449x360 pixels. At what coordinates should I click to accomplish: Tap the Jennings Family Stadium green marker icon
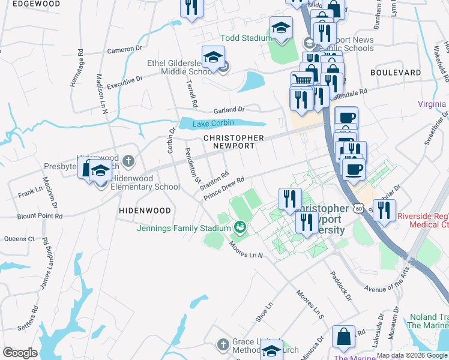[240, 227]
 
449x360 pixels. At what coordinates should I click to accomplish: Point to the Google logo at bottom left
[20, 353]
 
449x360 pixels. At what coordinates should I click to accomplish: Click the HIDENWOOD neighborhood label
[145, 211]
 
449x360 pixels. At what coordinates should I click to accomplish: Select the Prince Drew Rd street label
[224, 188]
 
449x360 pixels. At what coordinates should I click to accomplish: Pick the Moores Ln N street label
[246, 251]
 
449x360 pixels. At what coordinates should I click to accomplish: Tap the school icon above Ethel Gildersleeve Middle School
[213, 57]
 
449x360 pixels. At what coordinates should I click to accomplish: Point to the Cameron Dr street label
[124, 50]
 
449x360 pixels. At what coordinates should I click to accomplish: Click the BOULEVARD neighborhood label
[396, 72]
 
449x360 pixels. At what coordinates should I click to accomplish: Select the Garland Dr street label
[230, 110]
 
